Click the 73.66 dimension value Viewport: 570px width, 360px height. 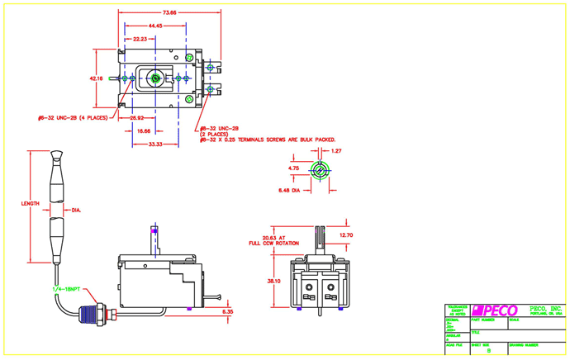[169, 13]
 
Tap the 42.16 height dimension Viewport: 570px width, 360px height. [96, 78]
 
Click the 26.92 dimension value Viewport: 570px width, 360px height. [138, 117]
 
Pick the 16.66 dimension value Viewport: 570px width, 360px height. [144, 130]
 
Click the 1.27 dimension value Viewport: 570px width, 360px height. [336, 151]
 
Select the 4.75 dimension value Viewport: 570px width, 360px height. [292, 168]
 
